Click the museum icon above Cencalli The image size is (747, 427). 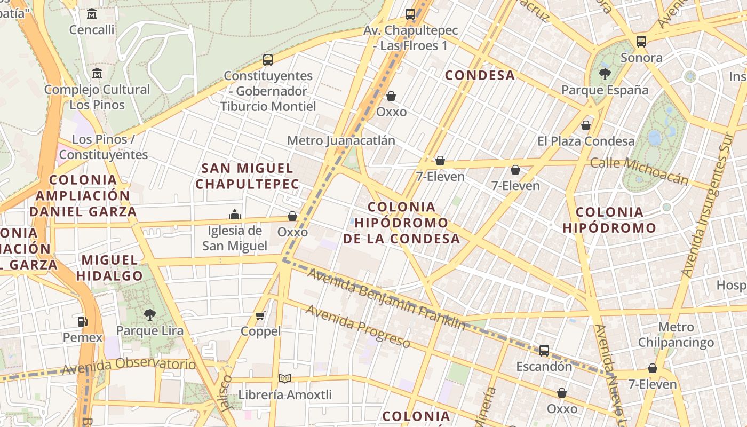tap(92, 14)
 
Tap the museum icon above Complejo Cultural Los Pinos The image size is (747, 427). tap(97, 73)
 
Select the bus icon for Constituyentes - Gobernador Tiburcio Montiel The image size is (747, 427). tap(268, 60)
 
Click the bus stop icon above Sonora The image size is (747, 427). tap(641, 41)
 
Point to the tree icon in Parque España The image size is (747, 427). tap(605, 74)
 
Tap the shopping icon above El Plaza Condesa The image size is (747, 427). tap(586, 125)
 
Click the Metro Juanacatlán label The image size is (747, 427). tap(341, 140)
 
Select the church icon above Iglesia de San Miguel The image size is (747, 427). tap(235, 215)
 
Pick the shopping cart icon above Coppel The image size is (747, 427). tap(260, 315)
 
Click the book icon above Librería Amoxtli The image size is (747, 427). tap(285, 379)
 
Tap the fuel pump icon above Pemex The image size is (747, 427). tap(82, 321)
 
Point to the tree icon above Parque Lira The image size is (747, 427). tap(150, 314)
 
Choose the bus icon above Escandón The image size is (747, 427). tap(544, 351)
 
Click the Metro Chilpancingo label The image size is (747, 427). tap(676, 335)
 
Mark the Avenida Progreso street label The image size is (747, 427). tap(357, 326)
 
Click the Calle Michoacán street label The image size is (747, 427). tap(639, 171)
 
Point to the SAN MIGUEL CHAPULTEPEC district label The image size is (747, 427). tap(247, 176)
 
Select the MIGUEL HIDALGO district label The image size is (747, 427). tap(109, 268)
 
